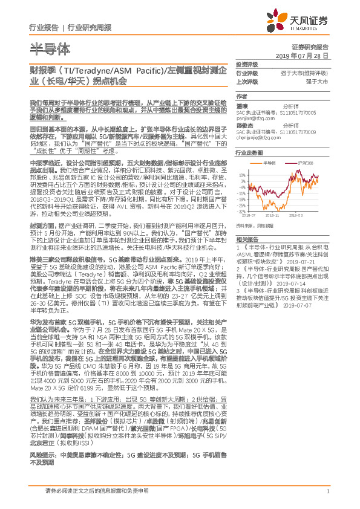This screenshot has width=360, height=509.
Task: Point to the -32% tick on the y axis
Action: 241,212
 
